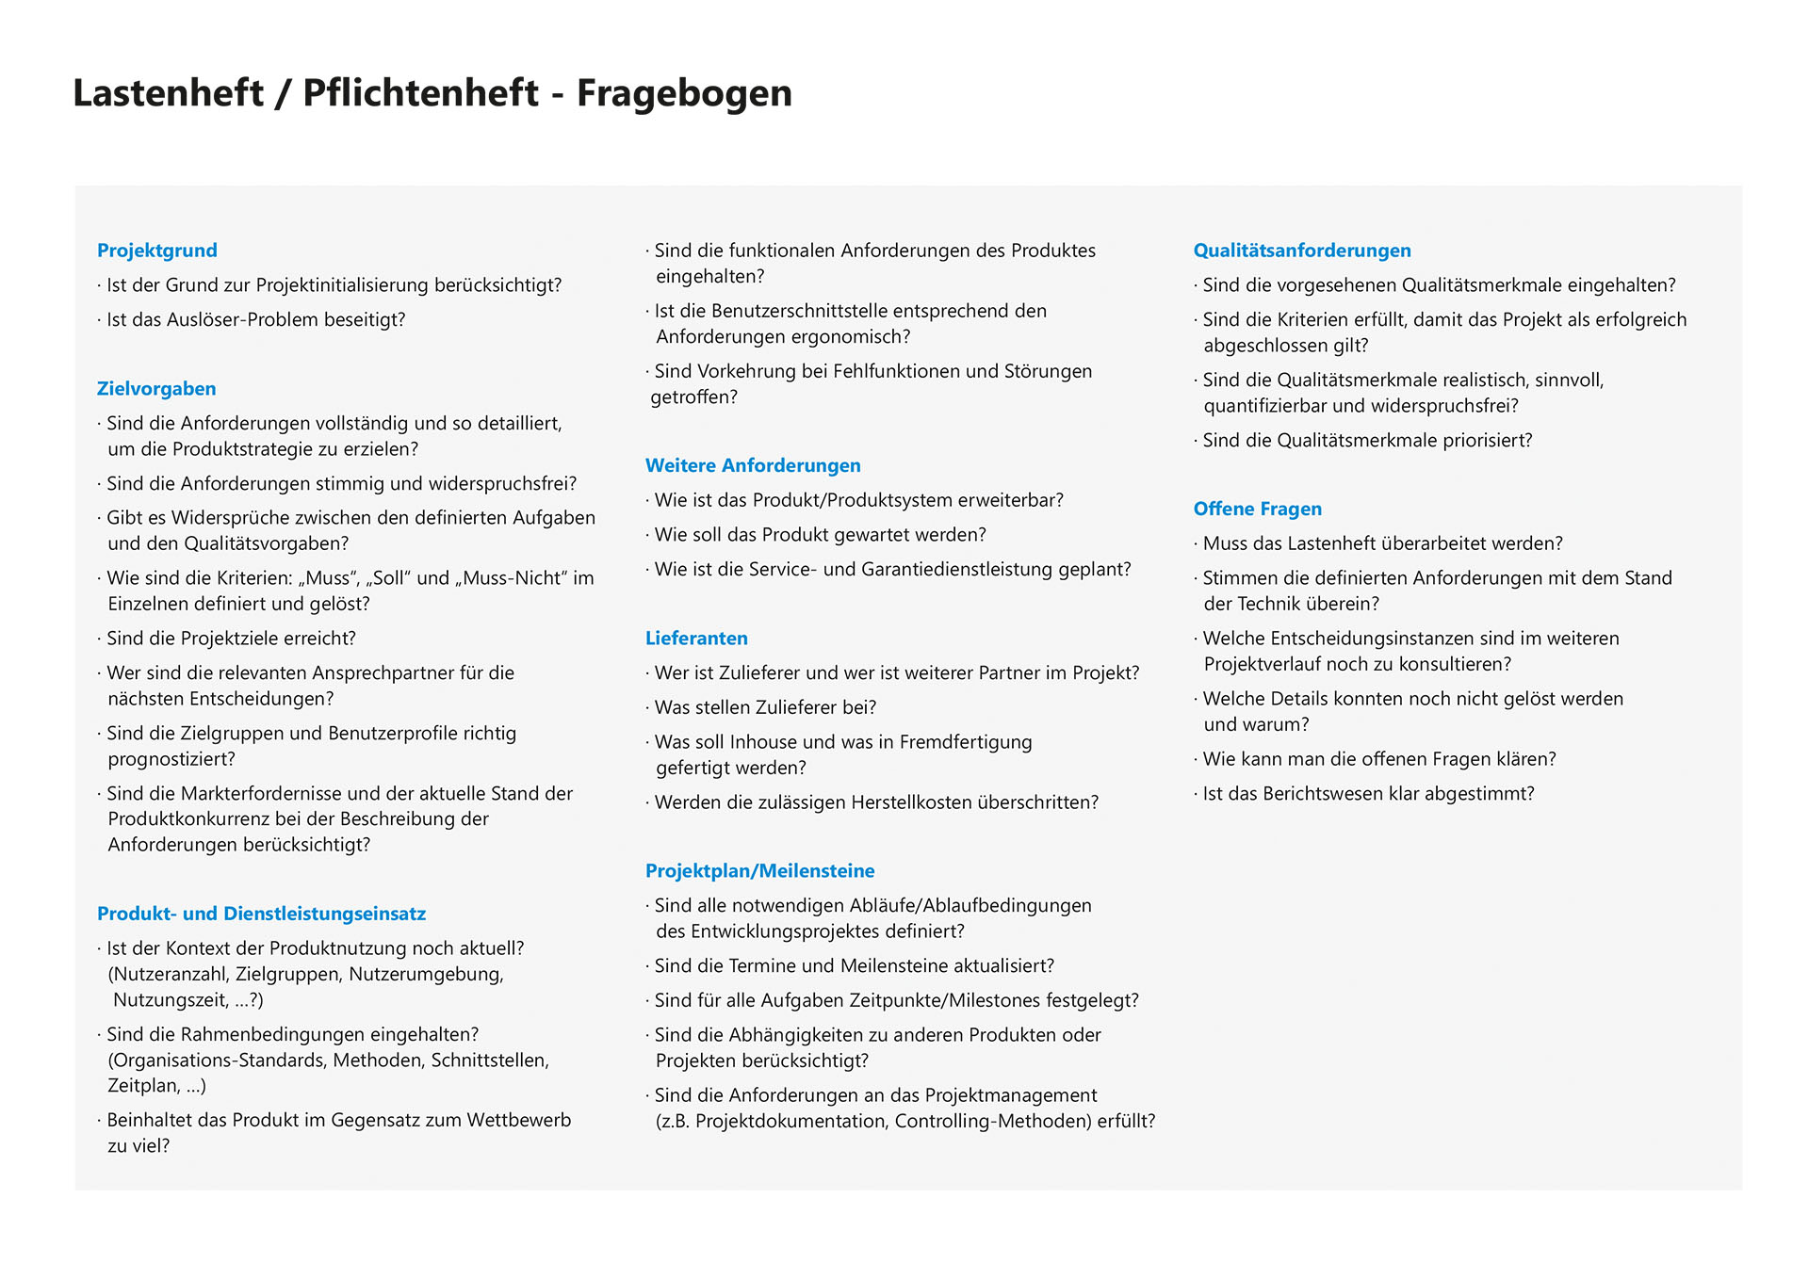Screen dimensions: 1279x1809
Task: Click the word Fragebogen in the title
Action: (684, 93)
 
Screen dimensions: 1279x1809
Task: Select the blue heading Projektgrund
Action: (157, 251)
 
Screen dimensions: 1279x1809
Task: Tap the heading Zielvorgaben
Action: (156, 389)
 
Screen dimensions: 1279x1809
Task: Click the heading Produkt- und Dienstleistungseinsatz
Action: (261, 914)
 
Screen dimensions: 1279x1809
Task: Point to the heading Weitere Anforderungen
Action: (753, 465)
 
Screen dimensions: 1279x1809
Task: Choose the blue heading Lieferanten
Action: (696, 639)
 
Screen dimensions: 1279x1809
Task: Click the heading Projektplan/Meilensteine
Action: (759, 871)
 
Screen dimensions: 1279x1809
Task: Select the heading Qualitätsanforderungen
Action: (1302, 251)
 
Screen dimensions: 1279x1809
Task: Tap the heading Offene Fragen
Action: (1257, 510)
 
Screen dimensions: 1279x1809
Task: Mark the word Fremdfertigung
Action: (966, 742)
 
